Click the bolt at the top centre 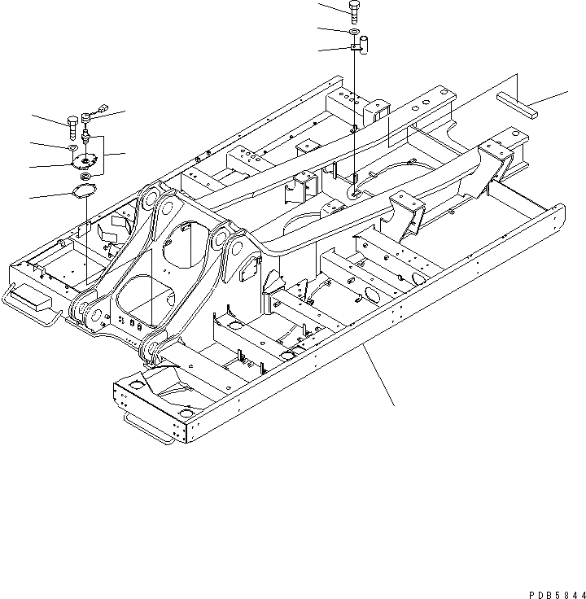[x=355, y=11]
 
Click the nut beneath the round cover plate [x=85, y=176]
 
